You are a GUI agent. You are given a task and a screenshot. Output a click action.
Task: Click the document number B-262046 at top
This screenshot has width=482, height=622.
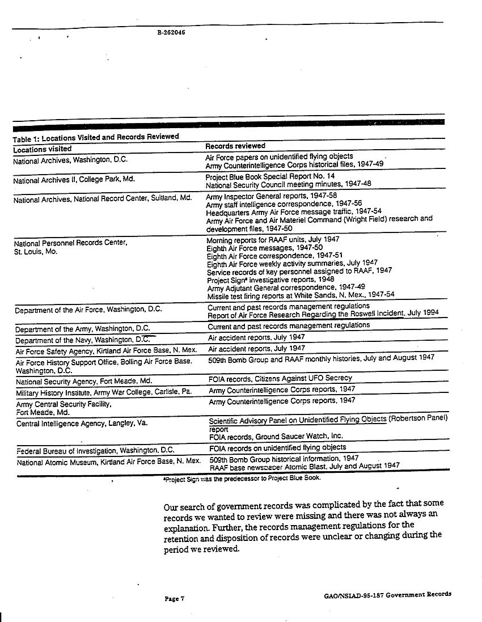pyautogui.click(x=171, y=32)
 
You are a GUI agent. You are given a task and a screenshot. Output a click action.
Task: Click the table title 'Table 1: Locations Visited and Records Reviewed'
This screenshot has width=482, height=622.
pyautogui.click(x=96, y=137)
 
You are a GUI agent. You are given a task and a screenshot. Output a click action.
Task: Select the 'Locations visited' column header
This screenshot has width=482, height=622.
pyautogui.click(x=43, y=149)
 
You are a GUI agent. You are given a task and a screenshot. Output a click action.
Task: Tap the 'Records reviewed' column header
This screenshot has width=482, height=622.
pyautogui.click(x=235, y=146)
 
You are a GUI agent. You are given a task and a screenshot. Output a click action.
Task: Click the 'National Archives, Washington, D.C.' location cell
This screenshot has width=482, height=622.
pyautogui.click(x=70, y=160)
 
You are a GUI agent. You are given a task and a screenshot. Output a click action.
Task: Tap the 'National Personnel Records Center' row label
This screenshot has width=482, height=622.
pyautogui.click(x=70, y=243)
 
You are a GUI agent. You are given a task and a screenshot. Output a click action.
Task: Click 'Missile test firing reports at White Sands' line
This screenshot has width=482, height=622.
pyautogui.click(x=301, y=294)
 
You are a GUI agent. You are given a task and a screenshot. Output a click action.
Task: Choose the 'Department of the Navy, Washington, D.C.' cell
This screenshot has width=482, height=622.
pyautogui.click(x=82, y=339)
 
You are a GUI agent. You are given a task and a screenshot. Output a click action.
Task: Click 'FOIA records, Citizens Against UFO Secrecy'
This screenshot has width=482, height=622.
pyautogui.click(x=280, y=378)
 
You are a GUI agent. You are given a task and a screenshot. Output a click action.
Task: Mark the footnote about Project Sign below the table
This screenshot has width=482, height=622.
pyautogui.click(x=241, y=477)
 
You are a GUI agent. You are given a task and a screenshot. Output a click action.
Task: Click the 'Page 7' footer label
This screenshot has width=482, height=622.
pyautogui.click(x=175, y=598)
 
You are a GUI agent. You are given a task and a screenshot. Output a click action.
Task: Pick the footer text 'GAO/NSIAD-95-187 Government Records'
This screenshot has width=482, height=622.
pyautogui.click(x=385, y=594)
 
